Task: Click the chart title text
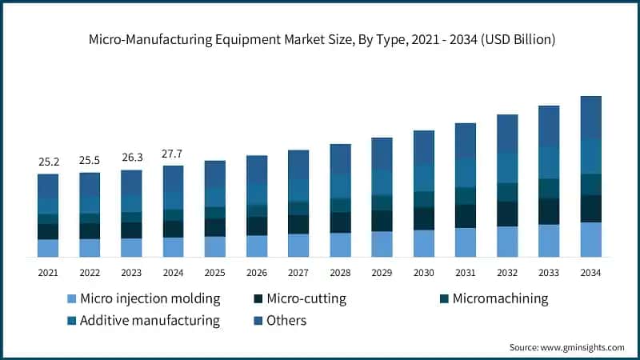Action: coord(320,38)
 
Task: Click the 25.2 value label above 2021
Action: coord(48,162)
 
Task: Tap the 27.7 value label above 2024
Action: coord(173,154)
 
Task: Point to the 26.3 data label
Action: coord(131,158)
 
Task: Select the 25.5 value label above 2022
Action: coord(90,161)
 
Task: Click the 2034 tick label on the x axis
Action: coord(590,273)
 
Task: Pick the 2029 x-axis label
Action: coord(382,273)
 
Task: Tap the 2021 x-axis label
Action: coord(48,273)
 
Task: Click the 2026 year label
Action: coord(257,273)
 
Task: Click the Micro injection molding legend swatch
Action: coord(71,299)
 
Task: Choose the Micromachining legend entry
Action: coord(500,299)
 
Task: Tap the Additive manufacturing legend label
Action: coord(151,321)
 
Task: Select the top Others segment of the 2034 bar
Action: coord(590,117)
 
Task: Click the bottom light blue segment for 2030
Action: coord(423,243)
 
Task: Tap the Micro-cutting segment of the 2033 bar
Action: coord(549,211)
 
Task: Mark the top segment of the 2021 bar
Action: coord(48,186)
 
